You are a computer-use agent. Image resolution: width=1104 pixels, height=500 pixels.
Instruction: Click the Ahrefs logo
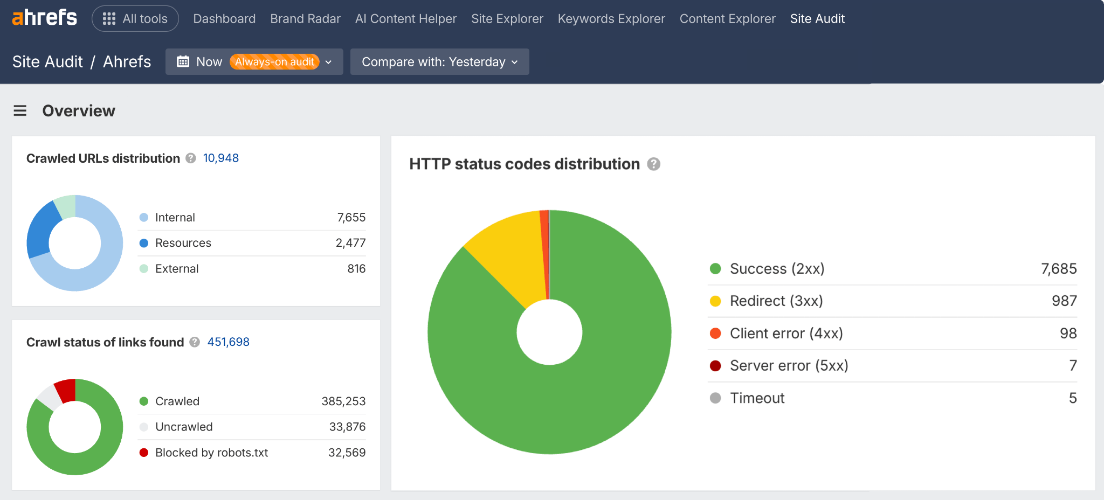(x=45, y=18)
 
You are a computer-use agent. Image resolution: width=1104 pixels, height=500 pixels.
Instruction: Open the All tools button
(x=135, y=19)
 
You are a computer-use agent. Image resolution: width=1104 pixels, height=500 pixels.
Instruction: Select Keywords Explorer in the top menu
(x=611, y=19)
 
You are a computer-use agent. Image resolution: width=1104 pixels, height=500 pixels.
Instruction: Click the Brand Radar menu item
(x=305, y=19)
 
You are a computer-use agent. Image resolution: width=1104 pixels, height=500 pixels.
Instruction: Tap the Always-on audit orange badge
(x=274, y=62)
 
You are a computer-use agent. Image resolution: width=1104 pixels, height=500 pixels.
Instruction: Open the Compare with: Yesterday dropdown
(x=439, y=62)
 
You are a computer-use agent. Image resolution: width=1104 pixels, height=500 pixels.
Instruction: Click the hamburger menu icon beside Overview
(x=20, y=111)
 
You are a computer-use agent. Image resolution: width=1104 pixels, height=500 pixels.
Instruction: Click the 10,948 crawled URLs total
(x=220, y=158)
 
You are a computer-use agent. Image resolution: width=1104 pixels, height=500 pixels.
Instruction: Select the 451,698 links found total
(x=228, y=342)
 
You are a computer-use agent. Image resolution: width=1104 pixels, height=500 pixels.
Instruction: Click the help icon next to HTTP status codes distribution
(x=654, y=164)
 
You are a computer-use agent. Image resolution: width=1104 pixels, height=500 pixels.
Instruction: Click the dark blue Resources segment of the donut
(x=41, y=229)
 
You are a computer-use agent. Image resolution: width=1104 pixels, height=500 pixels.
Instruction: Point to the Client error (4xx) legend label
(x=786, y=334)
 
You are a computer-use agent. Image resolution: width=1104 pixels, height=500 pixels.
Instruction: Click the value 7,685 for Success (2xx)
(x=1059, y=269)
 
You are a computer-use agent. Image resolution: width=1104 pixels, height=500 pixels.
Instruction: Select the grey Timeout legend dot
(x=715, y=398)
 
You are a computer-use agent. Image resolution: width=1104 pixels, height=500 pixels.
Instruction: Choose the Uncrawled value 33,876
(x=347, y=427)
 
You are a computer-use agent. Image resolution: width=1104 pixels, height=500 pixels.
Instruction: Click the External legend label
(x=177, y=269)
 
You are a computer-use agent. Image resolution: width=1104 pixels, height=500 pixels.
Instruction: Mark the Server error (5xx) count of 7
(x=1073, y=366)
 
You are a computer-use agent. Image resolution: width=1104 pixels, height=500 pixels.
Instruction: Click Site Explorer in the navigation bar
(x=507, y=19)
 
